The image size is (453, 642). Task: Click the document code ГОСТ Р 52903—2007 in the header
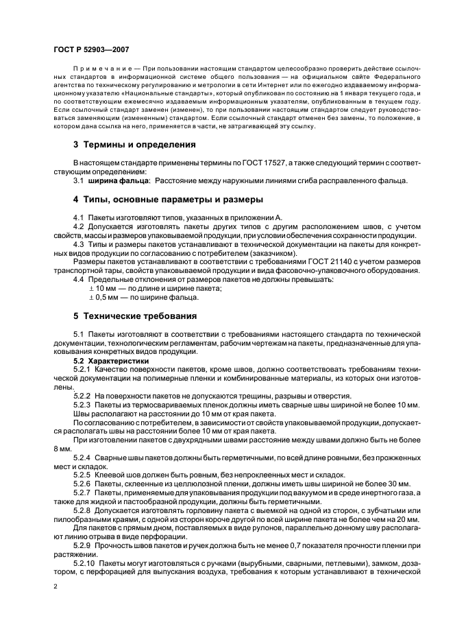click(90, 50)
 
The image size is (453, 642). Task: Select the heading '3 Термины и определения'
click(135, 145)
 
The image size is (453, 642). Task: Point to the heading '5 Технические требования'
click(135, 317)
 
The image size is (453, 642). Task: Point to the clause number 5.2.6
click(82, 485)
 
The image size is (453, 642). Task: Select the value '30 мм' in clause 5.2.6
click(378, 485)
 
